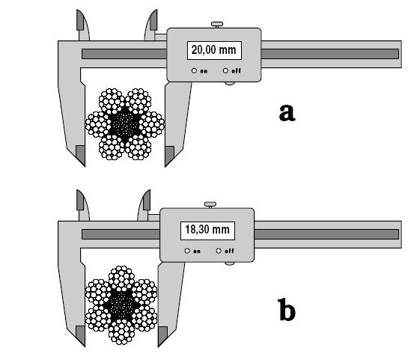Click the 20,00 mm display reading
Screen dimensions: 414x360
pyautogui.click(x=213, y=50)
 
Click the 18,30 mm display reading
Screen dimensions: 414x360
pyautogui.click(x=207, y=230)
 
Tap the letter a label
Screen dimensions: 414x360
pyautogui.click(x=287, y=113)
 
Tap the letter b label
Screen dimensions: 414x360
pyautogui.click(x=287, y=309)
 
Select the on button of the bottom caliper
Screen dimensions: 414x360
pyautogui.click(x=187, y=251)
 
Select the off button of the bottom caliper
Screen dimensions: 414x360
pyautogui.click(x=219, y=251)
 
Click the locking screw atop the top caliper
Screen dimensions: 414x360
pyautogui.click(x=217, y=25)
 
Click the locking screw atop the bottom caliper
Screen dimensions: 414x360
pyautogui.click(x=210, y=205)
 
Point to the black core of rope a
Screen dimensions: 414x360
pyautogui.click(x=124, y=124)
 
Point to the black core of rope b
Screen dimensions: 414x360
pyautogui.click(x=121, y=305)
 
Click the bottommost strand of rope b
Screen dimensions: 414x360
pyautogui.click(x=121, y=332)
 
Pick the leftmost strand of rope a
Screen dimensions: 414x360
pyautogui.click(x=98, y=124)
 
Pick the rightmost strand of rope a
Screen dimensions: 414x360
pyautogui.click(x=151, y=124)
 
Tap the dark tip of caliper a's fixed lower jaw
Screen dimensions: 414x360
pyautogui.click(x=81, y=155)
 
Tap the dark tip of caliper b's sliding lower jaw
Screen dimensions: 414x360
pyautogui.click(x=162, y=336)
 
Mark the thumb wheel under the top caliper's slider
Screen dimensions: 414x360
pyautogui.click(x=229, y=83)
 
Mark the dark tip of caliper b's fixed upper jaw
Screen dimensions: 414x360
pyautogui.click(x=80, y=200)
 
